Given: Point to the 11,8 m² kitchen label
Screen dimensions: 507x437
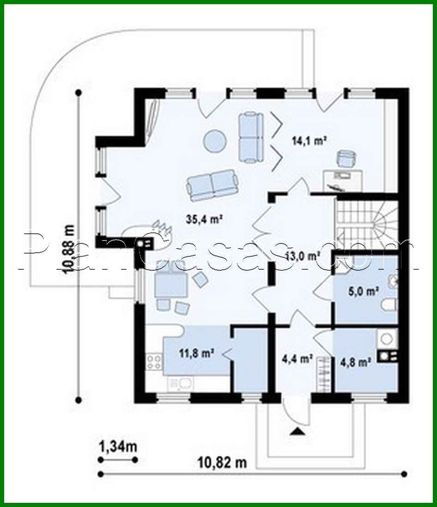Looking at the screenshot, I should (196, 353).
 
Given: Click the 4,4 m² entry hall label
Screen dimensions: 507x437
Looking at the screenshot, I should (297, 358).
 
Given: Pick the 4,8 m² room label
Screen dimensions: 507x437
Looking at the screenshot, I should (356, 362).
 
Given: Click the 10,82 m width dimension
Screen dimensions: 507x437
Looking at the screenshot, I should (222, 462).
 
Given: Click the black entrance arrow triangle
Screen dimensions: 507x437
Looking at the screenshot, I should (297, 432).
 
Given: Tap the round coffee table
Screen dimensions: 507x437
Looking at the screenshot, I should (215, 140).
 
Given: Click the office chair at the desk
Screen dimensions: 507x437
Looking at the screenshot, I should (346, 158).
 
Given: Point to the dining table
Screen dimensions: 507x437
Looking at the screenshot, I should (170, 282).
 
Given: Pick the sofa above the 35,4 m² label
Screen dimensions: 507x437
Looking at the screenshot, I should (213, 186).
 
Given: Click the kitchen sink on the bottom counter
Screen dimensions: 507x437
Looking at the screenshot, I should (181, 383).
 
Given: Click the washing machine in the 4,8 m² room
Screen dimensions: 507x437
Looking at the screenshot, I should (387, 339).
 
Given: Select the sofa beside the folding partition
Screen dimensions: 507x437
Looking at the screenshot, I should (250, 137).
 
